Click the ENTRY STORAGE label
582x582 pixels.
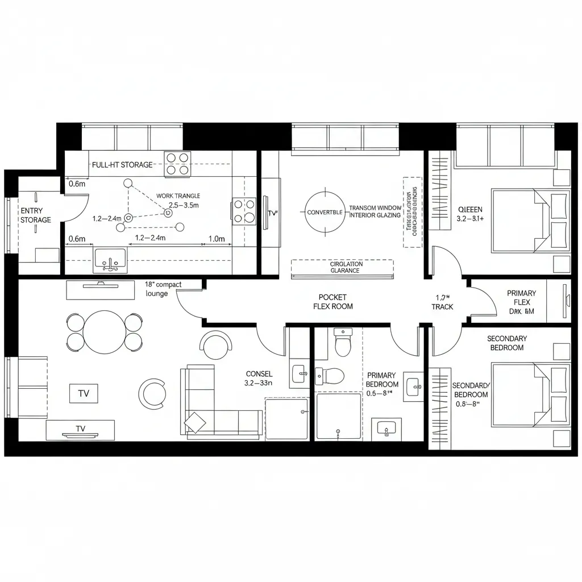[x=36, y=215]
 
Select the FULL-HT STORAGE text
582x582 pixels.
[x=122, y=165]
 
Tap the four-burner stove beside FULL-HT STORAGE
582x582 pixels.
[x=177, y=164]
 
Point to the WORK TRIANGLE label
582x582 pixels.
[x=178, y=196]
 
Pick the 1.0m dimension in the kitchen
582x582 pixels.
[x=217, y=239]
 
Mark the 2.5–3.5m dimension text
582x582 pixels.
[x=184, y=205]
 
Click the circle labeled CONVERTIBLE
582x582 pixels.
[x=325, y=212]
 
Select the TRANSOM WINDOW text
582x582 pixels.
[x=375, y=208]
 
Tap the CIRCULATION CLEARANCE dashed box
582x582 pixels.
[x=342, y=267]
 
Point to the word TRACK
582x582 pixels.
[x=442, y=307]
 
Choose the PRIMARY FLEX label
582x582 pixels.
[x=521, y=298]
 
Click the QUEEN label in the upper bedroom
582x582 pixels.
[x=470, y=210]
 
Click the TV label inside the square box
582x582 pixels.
[x=83, y=393]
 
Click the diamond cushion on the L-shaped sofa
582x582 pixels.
[x=196, y=422]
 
